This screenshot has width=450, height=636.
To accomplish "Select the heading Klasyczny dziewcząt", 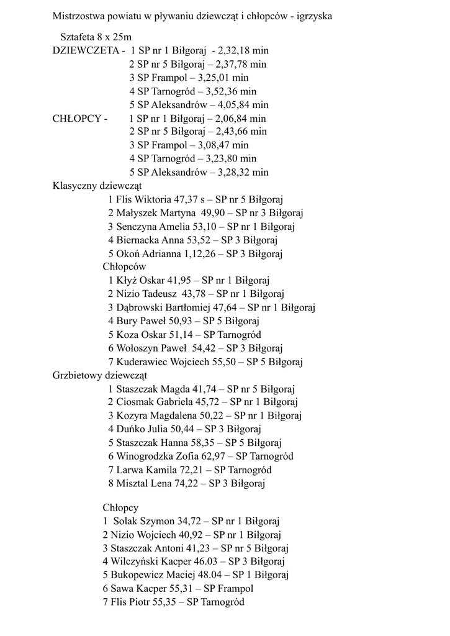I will [97, 186].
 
